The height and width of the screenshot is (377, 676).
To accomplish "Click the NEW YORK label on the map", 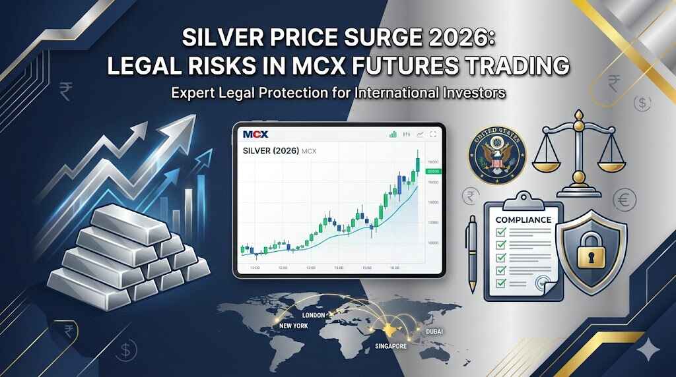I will [294, 326].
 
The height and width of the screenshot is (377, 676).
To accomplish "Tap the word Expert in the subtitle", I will [193, 93].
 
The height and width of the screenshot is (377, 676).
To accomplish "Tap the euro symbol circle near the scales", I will [624, 198].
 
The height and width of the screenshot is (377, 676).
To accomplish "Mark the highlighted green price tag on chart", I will [433, 171].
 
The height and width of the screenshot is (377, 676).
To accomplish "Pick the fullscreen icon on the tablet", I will [433, 134].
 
